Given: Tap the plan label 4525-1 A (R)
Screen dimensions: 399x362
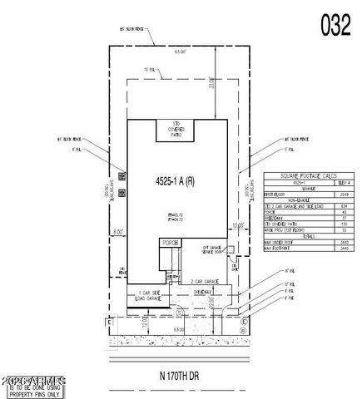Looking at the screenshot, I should (x=174, y=180).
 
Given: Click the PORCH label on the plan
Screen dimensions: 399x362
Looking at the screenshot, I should (x=170, y=244).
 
